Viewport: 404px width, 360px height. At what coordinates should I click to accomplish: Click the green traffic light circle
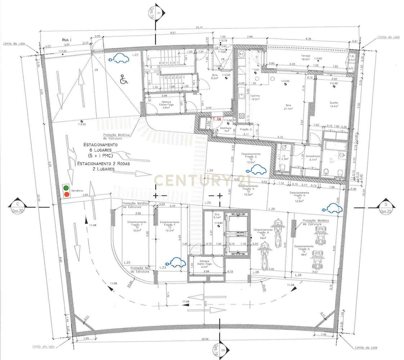(66, 188)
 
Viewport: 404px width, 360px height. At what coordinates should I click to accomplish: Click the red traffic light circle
(66, 195)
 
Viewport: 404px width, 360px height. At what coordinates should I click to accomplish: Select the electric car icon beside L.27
(121, 58)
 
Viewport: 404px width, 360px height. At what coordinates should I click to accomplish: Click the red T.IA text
(217, 119)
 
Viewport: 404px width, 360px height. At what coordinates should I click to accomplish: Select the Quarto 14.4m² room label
(333, 105)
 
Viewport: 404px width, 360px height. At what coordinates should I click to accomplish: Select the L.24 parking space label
(210, 170)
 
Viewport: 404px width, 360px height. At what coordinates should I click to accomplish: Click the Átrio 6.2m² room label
(215, 76)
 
